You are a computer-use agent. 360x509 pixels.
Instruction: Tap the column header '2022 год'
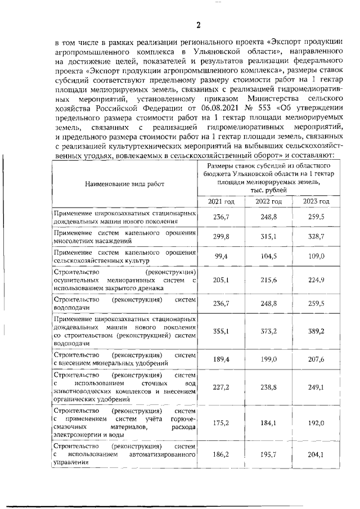tap(269, 201)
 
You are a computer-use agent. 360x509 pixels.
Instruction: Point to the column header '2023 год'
tap(316, 201)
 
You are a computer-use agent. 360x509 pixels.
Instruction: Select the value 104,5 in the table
tap(269, 256)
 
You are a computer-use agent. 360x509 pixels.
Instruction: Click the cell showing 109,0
tap(316, 256)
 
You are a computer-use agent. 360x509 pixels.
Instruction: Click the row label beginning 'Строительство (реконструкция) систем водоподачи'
tap(124, 304)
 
